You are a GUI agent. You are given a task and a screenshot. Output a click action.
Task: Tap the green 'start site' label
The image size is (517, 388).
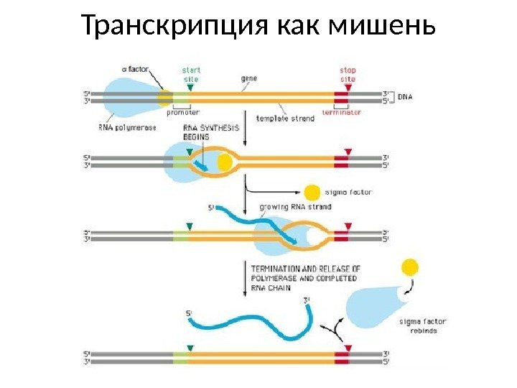tap(190, 74)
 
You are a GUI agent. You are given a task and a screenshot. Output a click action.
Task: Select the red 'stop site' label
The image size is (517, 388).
tap(348, 74)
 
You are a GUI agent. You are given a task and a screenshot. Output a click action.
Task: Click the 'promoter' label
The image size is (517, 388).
tap(184, 113)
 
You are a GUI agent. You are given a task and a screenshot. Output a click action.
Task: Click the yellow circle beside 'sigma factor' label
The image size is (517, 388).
tap(312, 193)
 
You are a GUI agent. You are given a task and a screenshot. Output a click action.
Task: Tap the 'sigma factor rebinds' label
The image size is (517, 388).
tap(417, 326)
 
